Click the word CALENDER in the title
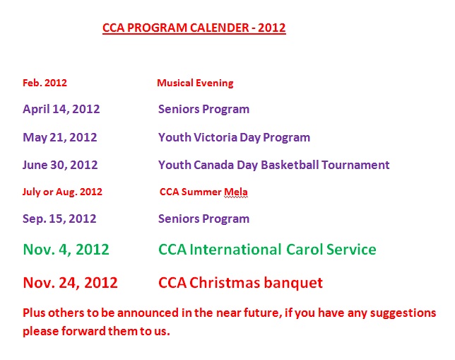220,28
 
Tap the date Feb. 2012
45,83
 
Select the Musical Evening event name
195,83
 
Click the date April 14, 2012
61,109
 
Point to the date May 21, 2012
60,137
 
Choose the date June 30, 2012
60,165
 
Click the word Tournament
355,165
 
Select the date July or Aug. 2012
62,192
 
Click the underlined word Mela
236,192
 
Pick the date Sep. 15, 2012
59,219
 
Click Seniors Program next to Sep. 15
203,219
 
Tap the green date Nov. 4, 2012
66,250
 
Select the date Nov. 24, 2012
70,283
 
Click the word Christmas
225,283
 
